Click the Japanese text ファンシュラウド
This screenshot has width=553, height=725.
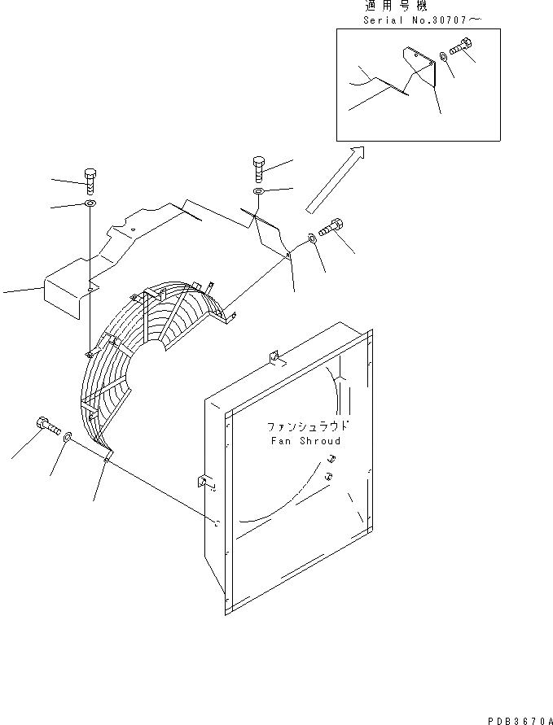coord(307,426)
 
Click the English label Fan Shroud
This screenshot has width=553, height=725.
coord(305,440)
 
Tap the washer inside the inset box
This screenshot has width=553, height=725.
coord(441,56)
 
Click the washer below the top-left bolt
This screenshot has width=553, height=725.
coord(89,203)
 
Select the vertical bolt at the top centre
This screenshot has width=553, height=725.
coord(258,167)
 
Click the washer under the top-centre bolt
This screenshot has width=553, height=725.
coord(257,191)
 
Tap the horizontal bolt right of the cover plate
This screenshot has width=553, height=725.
coord(332,229)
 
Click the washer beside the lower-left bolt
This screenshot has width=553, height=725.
coord(67,438)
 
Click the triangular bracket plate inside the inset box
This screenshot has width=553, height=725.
coord(419,67)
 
